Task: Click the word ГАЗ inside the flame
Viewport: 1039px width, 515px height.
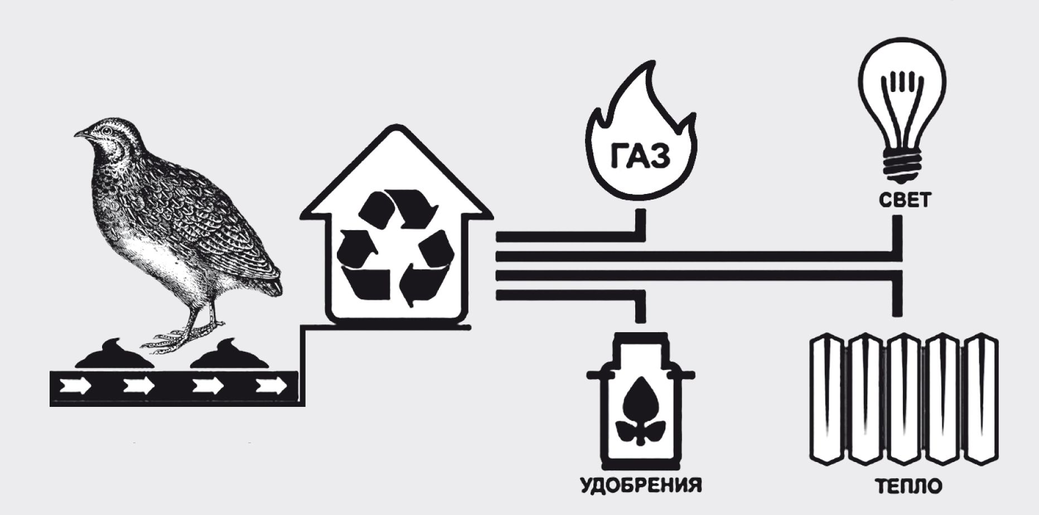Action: pyautogui.click(x=639, y=156)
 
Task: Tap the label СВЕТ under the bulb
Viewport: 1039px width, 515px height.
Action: pyautogui.click(x=905, y=200)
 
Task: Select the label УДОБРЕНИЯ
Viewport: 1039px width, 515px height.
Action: pyautogui.click(x=641, y=484)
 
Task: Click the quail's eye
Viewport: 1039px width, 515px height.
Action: pyautogui.click(x=104, y=132)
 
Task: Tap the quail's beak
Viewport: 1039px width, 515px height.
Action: pyautogui.click(x=80, y=134)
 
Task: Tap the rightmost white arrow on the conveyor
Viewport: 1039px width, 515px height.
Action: pyautogui.click(x=272, y=385)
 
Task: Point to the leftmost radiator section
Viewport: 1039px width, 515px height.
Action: pyautogui.click(x=828, y=399)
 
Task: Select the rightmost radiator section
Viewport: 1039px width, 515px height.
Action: pyautogui.click(x=982, y=399)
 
